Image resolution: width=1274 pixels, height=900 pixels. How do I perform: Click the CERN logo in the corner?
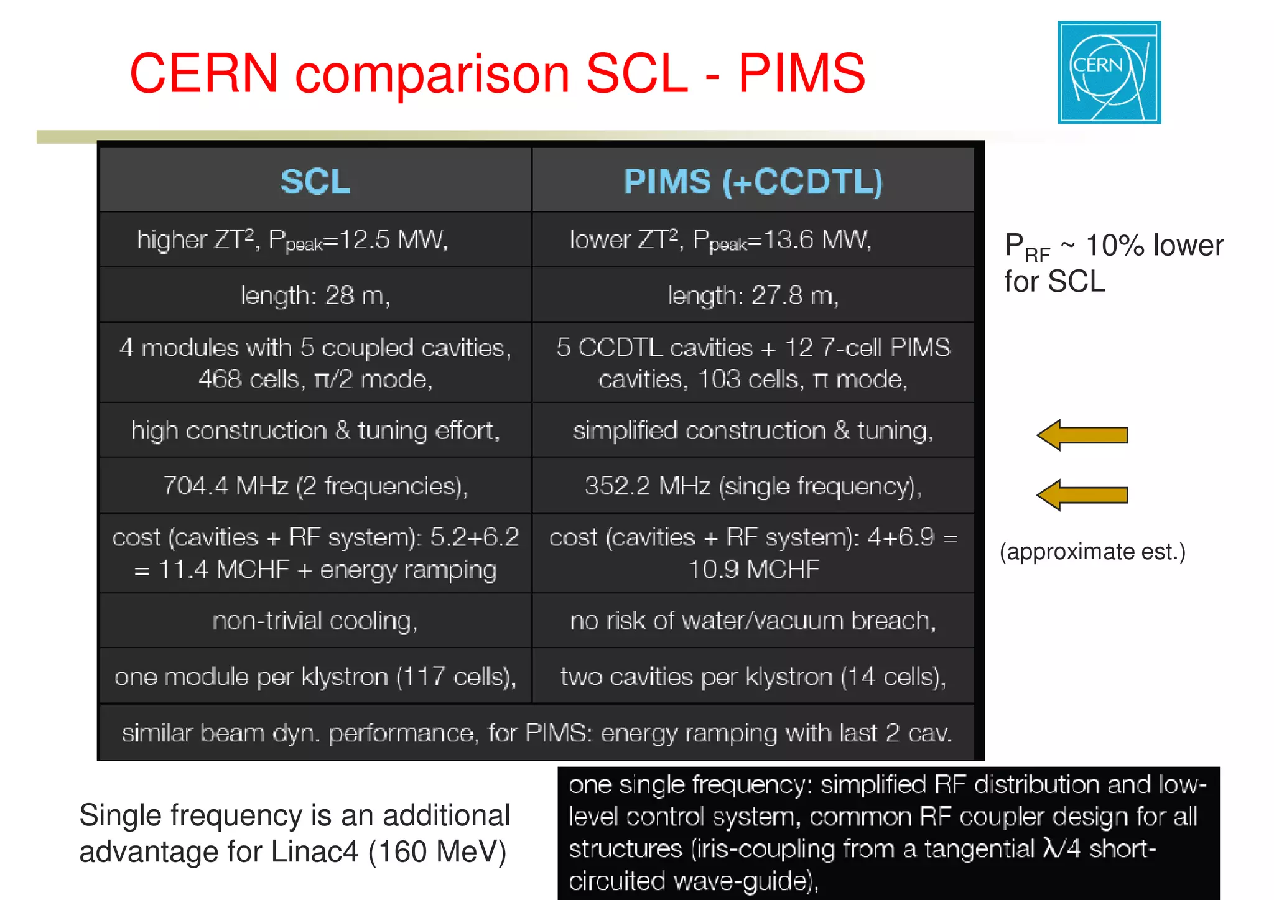pyautogui.click(x=1109, y=72)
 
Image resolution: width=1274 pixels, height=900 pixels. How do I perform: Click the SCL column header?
pyautogui.click(x=315, y=182)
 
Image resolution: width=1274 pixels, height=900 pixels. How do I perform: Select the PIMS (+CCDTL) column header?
pyautogui.click(x=753, y=182)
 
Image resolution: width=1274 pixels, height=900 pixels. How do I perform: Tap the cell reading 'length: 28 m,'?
pyautogui.click(x=315, y=295)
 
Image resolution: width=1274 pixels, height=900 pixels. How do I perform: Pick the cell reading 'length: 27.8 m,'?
pyautogui.click(x=753, y=295)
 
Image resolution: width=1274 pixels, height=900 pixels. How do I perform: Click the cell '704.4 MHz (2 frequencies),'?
pyautogui.click(x=315, y=486)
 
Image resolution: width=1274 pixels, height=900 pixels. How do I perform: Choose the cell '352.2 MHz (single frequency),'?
pyautogui.click(x=753, y=486)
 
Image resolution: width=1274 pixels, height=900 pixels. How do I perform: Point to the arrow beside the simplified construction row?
pyautogui.click(x=1082, y=435)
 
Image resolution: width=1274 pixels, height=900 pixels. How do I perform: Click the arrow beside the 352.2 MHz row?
pyautogui.click(x=1082, y=495)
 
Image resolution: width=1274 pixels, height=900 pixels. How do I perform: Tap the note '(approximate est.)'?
pyautogui.click(x=1092, y=552)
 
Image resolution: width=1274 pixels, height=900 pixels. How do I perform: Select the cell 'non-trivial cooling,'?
pyautogui.click(x=315, y=621)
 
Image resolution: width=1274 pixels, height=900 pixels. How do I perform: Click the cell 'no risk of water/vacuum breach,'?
pyautogui.click(x=753, y=621)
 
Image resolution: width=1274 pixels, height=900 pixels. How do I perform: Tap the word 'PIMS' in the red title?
pyautogui.click(x=801, y=73)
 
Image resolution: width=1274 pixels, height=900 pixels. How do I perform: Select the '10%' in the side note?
pyautogui.click(x=1114, y=246)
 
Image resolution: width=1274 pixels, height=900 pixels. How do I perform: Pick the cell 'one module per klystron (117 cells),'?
pyautogui.click(x=315, y=677)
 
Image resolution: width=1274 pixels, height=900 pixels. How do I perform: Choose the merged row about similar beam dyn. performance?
pyautogui.click(x=537, y=733)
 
